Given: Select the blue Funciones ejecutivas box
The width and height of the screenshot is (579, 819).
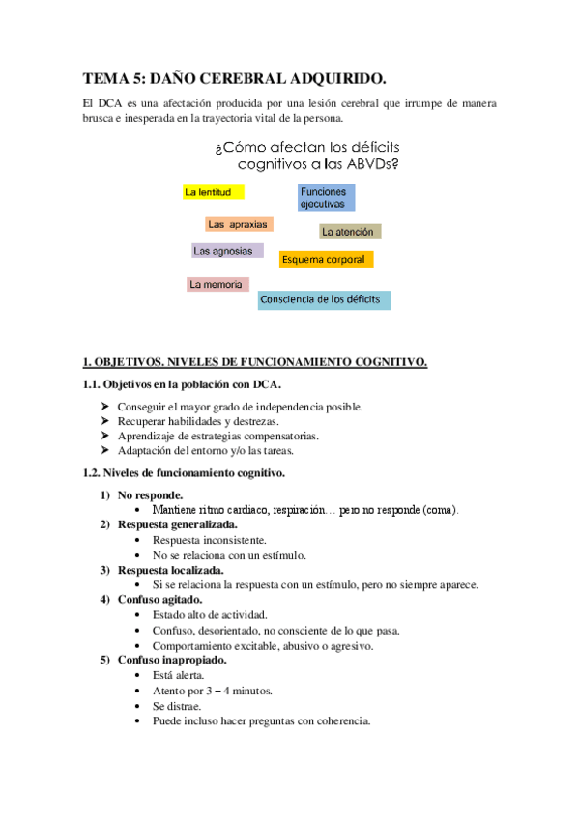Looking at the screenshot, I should coord(327,197).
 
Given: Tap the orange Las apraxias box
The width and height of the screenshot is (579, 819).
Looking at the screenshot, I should coord(238,224).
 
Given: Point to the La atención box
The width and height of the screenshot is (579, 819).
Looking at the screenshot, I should coord(351,232).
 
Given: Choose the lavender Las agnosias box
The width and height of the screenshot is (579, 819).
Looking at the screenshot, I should coord(227,251).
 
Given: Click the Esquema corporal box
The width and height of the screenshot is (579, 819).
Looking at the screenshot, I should coord(326,259).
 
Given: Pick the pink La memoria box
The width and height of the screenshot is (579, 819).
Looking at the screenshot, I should coord(217,284).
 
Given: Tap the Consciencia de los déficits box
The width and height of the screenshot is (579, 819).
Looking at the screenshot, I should coord(324,299).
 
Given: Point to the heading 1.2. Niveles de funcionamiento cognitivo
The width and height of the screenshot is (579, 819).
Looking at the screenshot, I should coord(183,473).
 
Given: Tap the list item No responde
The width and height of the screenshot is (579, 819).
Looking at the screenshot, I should coord(150,494).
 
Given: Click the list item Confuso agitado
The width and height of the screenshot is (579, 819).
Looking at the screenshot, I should coord(159,600).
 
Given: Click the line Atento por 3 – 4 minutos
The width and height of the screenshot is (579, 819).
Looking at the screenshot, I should coord(212,691).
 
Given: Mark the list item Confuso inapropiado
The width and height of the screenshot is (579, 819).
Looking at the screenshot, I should coord(172,660).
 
